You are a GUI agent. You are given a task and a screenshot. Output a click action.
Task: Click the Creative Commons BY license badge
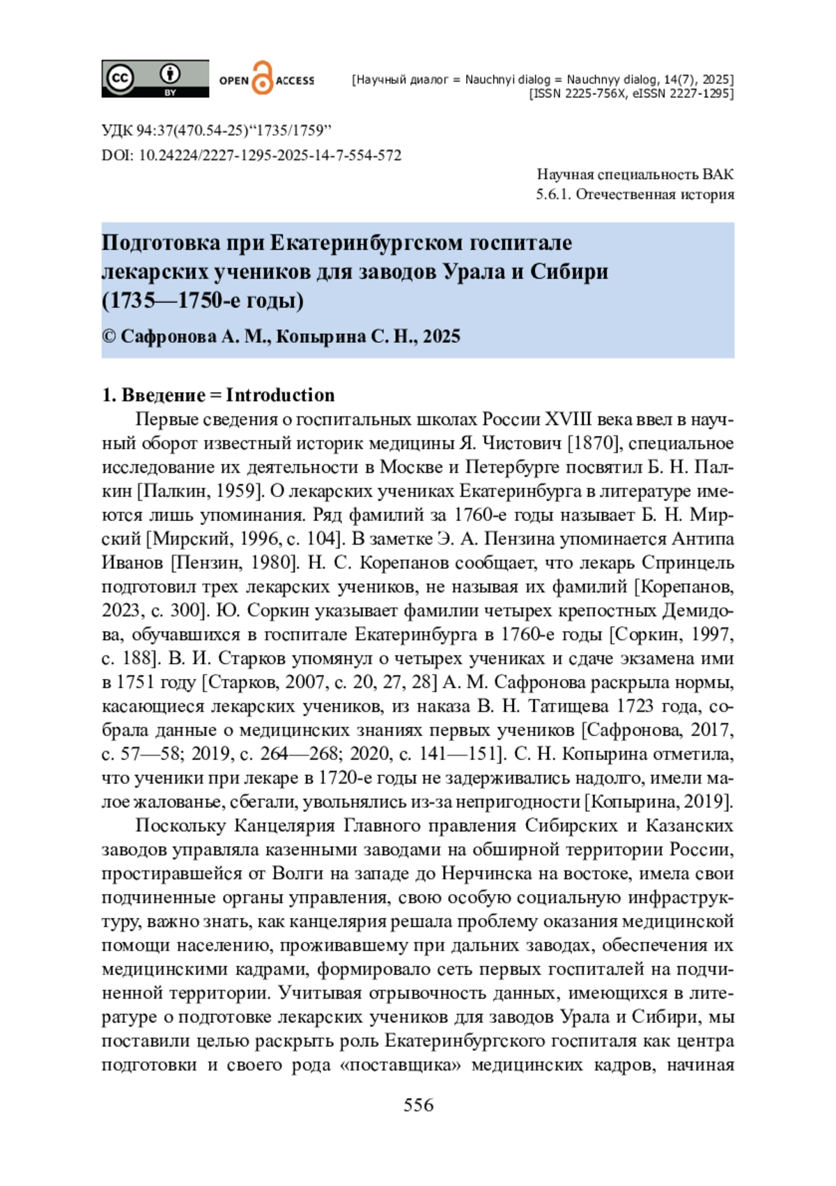coord(155,78)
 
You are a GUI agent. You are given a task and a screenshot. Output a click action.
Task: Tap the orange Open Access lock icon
coord(262,78)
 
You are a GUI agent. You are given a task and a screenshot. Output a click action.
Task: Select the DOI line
coord(251,155)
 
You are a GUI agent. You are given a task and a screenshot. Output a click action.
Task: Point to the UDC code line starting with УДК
coord(216,130)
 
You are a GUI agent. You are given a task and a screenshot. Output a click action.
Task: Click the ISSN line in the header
coord(630,93)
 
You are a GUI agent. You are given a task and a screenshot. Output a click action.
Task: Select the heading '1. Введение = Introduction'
coord(218,395)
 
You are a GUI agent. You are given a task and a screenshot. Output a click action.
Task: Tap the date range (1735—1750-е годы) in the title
coord(203,300)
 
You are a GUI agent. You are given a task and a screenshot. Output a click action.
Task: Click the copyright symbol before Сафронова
coord(109,336)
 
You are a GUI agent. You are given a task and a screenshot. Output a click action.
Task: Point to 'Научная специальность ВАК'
coord(635,174)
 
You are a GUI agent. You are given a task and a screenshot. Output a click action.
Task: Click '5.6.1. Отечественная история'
coord(635,194)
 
